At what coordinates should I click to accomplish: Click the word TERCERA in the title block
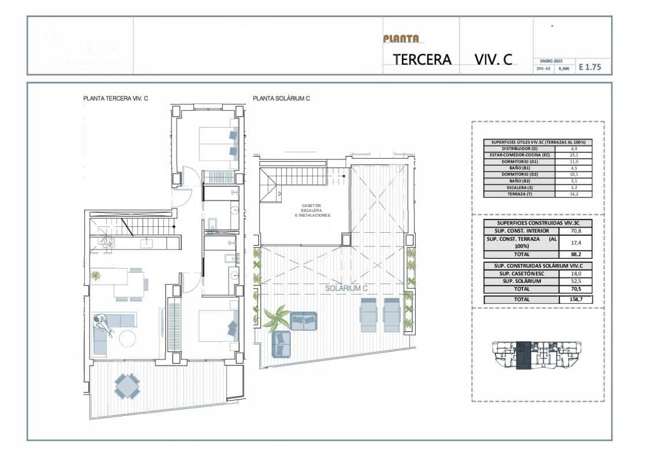421,59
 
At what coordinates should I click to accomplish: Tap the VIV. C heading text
493,59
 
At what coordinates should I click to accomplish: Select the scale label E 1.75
589,67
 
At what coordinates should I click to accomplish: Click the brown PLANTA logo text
401,39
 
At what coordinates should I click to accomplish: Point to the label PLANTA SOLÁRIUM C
281,99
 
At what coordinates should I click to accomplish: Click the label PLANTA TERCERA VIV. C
115,99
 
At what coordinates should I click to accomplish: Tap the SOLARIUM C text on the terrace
346,288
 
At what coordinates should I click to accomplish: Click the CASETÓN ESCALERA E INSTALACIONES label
312,210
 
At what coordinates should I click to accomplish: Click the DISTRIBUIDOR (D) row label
518,148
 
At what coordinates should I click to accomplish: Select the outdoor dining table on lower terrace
126,386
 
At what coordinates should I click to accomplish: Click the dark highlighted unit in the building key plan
523,354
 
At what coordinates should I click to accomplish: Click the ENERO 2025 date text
551,61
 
